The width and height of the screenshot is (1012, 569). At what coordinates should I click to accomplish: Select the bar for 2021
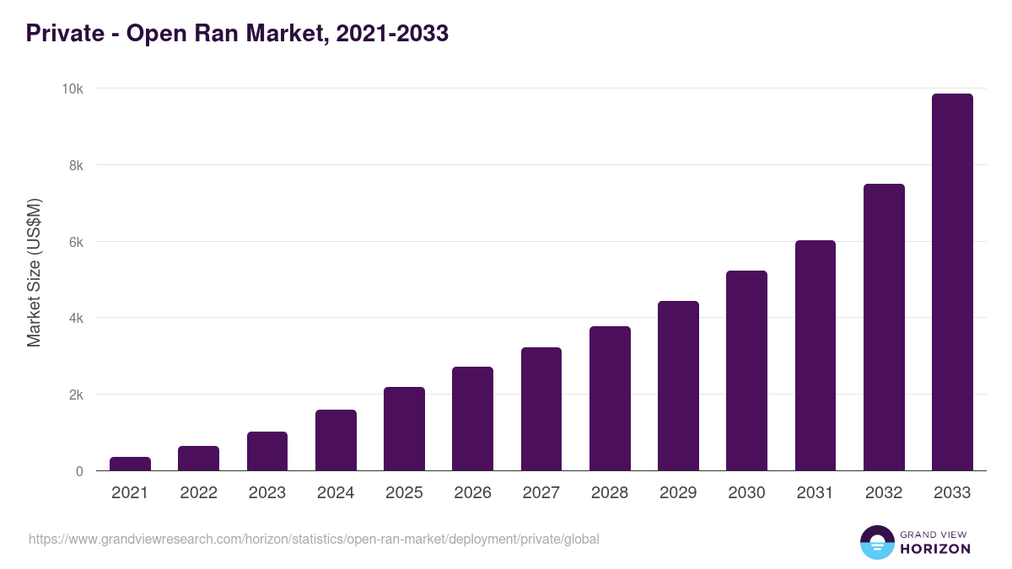pyautogui.click(x=130, y=464)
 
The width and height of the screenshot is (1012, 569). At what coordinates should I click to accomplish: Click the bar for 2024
pyautogui.click(x=336, y=440)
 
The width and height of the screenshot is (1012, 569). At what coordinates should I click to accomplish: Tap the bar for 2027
pyautogui.click(x=541, y=409)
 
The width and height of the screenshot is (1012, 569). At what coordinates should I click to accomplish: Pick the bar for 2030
pyautogui.click(x=746, y=371)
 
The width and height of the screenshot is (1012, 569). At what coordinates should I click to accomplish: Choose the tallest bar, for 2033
pyautogui.click(x=952, y=282)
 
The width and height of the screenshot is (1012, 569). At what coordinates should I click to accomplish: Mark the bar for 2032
pyautogui.click(x=884, y=327)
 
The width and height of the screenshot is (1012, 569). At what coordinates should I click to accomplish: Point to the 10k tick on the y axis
pyautogui.click(x=73, y=89)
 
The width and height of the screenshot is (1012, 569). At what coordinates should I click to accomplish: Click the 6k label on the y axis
pyautogui.click(x=76, y=242)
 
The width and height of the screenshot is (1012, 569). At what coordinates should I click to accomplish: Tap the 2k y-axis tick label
pyautogui.click(x=76, y=395)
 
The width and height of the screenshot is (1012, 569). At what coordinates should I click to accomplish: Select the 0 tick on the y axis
pyautogui.click(x=79, y=471)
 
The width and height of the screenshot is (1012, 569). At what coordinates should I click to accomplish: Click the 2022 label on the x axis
pyautogui.click(x=198, y=493)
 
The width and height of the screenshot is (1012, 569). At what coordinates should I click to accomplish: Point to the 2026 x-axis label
pyautogui.click(x=472, y=493)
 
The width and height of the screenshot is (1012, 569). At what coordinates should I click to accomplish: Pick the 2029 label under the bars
pyautogui.click(x=678, y=493)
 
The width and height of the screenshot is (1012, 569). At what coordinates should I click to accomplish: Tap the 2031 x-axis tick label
pyautogui.click(x=815, y=493)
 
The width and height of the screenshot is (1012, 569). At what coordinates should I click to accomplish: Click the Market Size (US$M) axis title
pyautogui.click(x=34, y=272)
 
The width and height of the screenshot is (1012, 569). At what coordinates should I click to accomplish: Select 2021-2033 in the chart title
pyautogui.click(x=391, y=34)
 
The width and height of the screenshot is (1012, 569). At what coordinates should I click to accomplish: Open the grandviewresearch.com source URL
pyautogui.click(x=314, y=539)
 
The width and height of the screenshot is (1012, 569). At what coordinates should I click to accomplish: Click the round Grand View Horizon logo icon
pyautogui.click(x=876, y=542)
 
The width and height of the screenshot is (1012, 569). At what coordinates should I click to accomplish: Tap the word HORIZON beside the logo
pyautogui.click(x=935, y=549)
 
